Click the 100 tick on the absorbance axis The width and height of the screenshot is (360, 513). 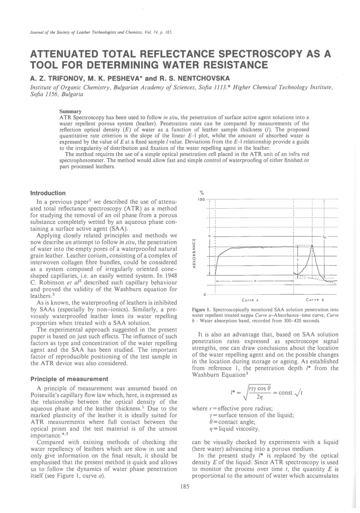(x=202, y=199)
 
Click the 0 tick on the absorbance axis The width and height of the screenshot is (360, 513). (x=205, y=295)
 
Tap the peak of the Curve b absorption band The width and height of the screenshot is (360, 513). (x=312, y=246)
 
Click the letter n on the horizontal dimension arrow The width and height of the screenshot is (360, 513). (x=255, y=281)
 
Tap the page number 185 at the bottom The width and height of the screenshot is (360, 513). (x=185, y=487)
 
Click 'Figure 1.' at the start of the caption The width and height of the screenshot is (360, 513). (x=202, y=310)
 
